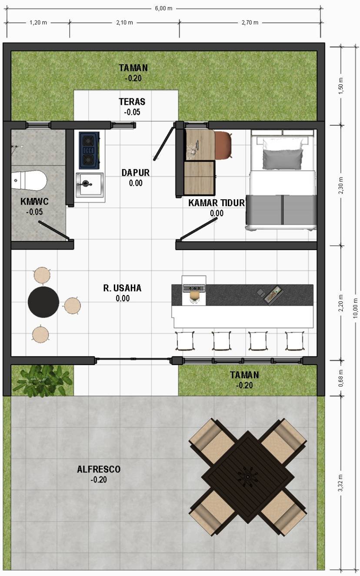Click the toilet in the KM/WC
29,180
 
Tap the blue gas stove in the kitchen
89,151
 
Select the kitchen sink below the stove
90,184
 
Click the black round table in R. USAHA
43,302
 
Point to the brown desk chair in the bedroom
223,145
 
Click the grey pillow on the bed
283,159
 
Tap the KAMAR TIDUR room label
217,203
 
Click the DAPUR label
135,173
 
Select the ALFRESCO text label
99,469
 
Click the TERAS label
132,102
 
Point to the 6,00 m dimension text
163,9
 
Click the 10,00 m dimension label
355,308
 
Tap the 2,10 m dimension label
125,23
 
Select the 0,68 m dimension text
341,378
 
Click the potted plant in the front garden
43,381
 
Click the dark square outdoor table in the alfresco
248,477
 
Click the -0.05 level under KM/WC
34,212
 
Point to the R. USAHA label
122,288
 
